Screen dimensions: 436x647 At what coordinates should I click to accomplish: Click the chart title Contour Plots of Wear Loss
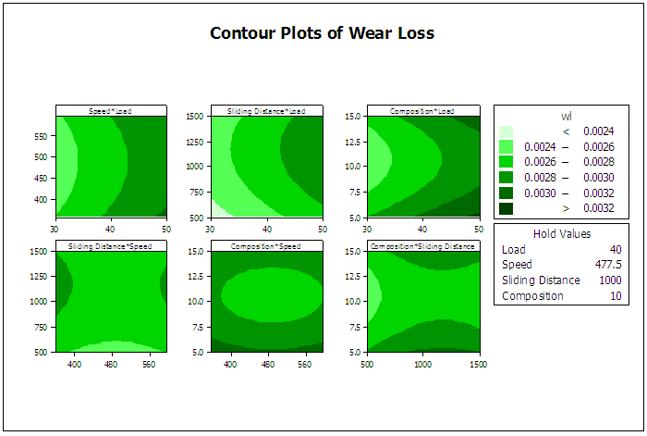pos(322,33)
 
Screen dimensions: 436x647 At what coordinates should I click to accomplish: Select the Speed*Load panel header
pos(111,111)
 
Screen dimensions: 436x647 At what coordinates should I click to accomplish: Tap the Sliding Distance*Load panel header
pos(267,111)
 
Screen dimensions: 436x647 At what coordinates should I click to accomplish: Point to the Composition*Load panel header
pos(423,111)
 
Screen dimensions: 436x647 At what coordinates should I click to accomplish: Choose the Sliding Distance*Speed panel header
pos(111,246)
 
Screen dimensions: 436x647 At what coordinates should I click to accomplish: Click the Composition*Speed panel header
pos(267,246)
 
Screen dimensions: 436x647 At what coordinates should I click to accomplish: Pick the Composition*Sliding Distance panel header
pos(423,246)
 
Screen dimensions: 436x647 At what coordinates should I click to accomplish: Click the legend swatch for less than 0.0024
pos(506,131)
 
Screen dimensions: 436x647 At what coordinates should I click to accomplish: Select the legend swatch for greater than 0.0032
pos(506,209)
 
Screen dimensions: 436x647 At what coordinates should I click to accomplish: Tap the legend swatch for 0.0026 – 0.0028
pos(506,162)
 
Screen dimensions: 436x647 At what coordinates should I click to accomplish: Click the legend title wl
pos(567,116)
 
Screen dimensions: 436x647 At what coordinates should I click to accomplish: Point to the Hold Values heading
pos(562,234)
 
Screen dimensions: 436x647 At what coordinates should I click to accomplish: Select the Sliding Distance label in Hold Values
pos(541,280)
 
